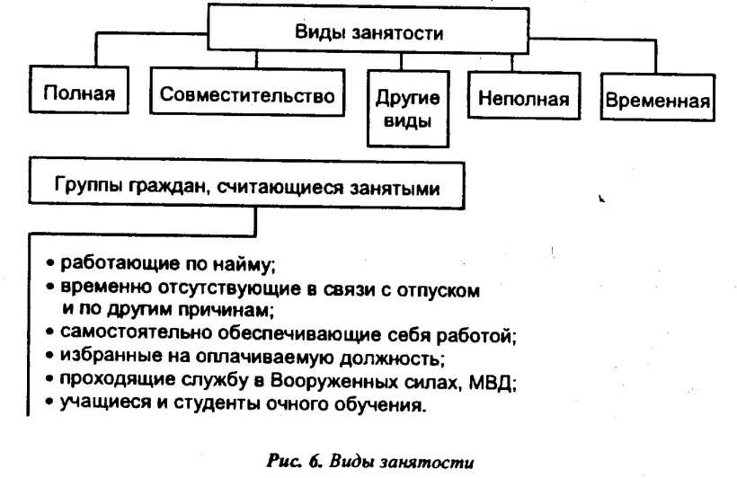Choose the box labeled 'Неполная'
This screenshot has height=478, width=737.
[524, 98]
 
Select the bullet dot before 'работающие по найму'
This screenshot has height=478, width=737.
[51, 265]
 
